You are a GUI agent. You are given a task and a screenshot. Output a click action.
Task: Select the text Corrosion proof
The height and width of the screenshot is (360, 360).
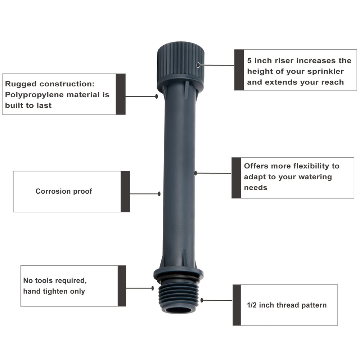pyautogui.click(x=64, y=191)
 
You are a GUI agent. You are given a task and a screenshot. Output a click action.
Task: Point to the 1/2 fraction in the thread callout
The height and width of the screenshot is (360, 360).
pyautogui.click(x=252, y=305)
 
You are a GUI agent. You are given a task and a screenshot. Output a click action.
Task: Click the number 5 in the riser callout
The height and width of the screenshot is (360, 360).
pyautogui.click(x=249, y=60)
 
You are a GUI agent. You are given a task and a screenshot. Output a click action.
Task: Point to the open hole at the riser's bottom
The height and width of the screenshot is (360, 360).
pyautogui.click(x=179, y=310)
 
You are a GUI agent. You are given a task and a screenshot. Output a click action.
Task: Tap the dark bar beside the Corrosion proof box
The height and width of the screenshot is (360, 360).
pyautogui.click(x=125, y=192)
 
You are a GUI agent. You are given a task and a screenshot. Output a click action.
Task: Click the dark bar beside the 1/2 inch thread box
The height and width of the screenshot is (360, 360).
pyautogui.click(x=237, y=305)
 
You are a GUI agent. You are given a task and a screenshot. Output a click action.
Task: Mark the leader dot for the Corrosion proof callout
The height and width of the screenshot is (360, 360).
pyautogui.click(x=159, y=194)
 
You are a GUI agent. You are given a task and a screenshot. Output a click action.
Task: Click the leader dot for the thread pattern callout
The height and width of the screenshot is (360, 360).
pyautogui.click(x=202, y=300)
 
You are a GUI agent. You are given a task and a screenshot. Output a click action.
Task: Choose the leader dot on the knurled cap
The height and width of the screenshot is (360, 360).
pyautogui.click(x=198, y=65)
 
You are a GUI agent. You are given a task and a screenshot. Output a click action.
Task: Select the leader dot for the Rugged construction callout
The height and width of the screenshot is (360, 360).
pyautogui.click(x=157, y=96)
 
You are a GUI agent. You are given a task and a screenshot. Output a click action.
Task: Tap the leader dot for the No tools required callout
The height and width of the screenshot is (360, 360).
pyautogui.click(x=153, y=288)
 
